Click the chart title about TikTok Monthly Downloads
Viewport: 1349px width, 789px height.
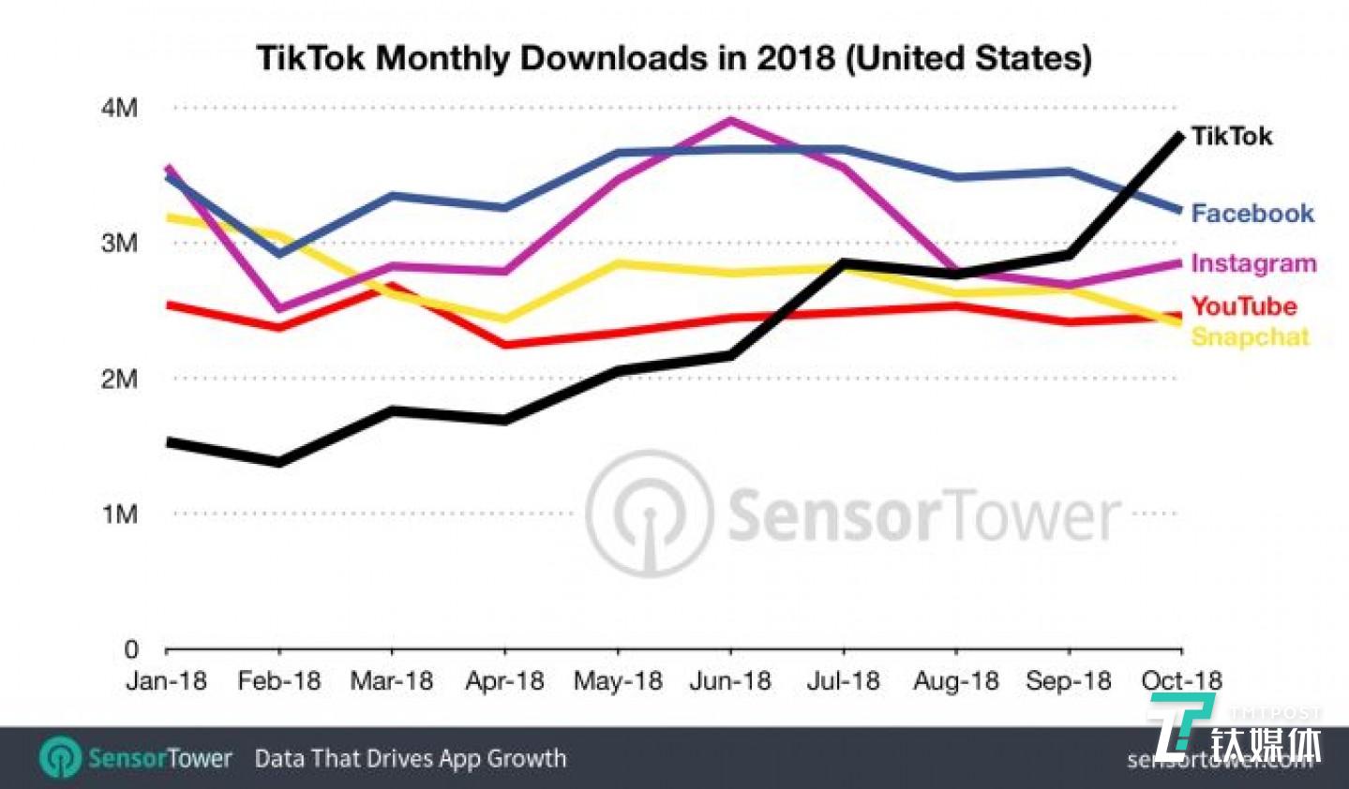pos(674,58)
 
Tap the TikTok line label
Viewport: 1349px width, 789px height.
pos(1231,136)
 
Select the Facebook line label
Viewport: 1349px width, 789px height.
pos(1252,214)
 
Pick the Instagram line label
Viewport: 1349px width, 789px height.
pos(1253,263)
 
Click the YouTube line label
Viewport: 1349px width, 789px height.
pos(1243,305)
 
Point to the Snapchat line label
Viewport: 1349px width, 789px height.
pos(1249,337)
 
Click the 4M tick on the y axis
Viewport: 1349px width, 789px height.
pos(119,109)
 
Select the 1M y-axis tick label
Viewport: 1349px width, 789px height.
pos(119,514)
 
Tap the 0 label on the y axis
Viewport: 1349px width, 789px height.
pos(130,649)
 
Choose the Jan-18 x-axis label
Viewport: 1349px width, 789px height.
pos(166,680)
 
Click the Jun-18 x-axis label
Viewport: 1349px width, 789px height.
pos(730,680)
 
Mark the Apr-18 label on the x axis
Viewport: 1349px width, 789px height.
pos(504,680)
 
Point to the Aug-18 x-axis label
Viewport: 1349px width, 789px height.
pos(955,680)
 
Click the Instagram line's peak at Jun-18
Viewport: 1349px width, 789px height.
pos(730,120)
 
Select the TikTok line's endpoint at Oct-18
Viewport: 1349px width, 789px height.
pos(1179,136)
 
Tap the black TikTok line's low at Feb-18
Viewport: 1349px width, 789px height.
pos(279,462)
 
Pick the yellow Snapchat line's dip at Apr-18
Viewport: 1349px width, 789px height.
pos(504,319)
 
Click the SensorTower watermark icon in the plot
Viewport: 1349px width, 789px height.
pos(649,514)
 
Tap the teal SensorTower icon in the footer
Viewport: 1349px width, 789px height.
pos(61,757)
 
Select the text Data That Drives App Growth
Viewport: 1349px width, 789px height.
pos(410,758)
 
